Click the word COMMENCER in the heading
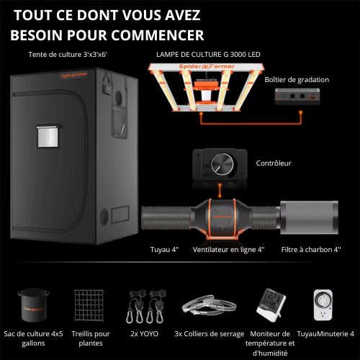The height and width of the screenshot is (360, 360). (158, 35)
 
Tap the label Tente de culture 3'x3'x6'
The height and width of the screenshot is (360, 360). (68, 55)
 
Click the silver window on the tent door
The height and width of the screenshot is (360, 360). (48, 136)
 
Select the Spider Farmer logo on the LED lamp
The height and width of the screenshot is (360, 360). (207, 66)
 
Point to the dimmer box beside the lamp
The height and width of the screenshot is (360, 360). (297, 96)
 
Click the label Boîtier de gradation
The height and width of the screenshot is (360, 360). (297, 80)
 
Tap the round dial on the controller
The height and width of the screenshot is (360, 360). (222, 164)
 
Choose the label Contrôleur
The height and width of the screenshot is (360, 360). (274, 163)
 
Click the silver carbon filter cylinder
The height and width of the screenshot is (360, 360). (309, 217)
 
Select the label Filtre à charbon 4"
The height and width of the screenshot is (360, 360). (311, 250)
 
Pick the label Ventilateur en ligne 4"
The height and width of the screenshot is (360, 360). (228, 250)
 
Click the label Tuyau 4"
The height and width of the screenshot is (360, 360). (164, 250)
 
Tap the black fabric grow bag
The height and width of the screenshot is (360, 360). (33, 305)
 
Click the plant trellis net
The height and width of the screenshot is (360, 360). (89, 305)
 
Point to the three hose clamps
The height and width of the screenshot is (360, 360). (209, 305)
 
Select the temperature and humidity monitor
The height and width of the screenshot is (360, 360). (271, 305)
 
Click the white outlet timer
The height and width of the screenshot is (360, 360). (323, 305)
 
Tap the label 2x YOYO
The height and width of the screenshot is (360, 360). (145, 334)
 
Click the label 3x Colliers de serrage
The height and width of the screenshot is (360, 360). (210, 334)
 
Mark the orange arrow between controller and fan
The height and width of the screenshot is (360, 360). (220, 191)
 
